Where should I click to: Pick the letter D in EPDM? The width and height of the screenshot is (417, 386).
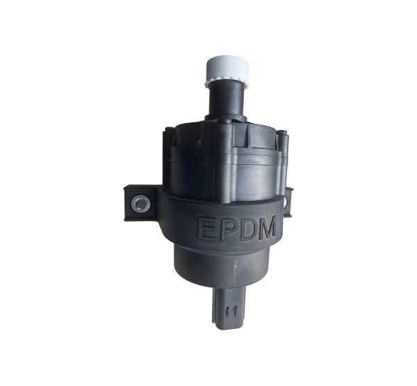tap(250, 228)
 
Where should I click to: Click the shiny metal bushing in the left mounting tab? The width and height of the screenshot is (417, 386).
tap(140, 204)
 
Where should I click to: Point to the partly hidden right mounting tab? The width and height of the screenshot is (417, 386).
tap(288, 202)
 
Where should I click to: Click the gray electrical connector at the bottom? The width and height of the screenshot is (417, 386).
tap(229, 307)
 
